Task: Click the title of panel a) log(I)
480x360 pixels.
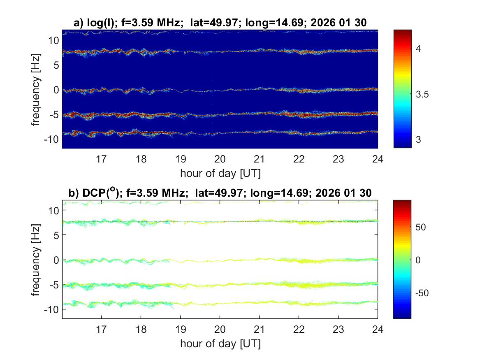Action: [x=220, y=23]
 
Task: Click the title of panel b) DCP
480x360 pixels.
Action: [x=220, y=193]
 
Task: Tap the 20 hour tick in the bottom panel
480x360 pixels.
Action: [x=220, y=329]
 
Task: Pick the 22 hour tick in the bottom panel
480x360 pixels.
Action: [x=299, y=329]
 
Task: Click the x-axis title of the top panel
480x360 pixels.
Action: [x=220, y=173]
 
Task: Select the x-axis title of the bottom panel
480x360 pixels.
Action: [x=220, y=343]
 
